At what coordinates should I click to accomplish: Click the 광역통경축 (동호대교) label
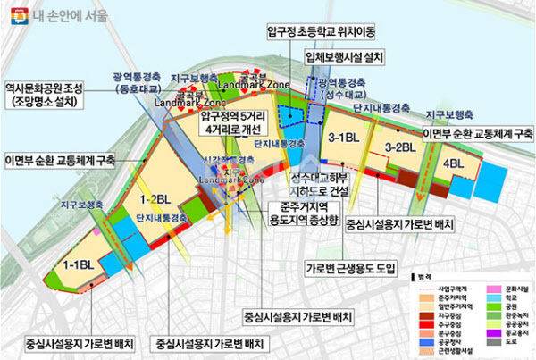pos(137,84)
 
